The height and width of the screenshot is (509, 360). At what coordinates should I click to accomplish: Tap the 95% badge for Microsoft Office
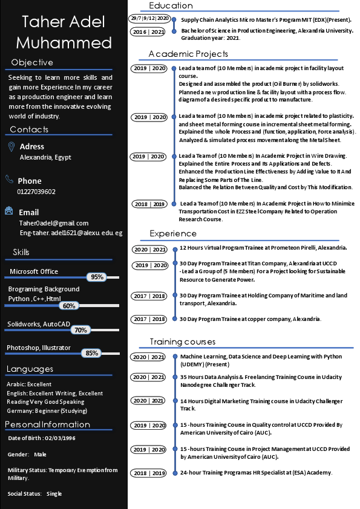pos(97,277)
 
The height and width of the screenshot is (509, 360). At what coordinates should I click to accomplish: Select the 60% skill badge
pos(69,306)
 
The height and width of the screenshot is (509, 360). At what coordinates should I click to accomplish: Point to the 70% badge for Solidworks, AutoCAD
pos(80,330)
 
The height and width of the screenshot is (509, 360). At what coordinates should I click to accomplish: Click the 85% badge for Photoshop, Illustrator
pos(92,353)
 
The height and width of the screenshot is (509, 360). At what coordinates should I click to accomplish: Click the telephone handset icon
pos(10,180)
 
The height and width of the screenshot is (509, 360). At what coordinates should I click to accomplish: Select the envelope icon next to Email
pos(10,211)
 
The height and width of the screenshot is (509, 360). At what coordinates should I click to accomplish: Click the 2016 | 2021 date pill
pos(148,31)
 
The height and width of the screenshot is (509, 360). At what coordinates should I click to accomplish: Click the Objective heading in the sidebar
pos(32,62)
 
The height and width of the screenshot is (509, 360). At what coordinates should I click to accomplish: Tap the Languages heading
pos(30,369)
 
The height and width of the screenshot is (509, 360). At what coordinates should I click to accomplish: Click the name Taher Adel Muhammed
pos(64,33)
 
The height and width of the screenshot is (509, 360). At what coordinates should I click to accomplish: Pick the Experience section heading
pos(173,233)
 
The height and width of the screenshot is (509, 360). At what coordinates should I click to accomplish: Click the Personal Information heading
pos(47,424)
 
